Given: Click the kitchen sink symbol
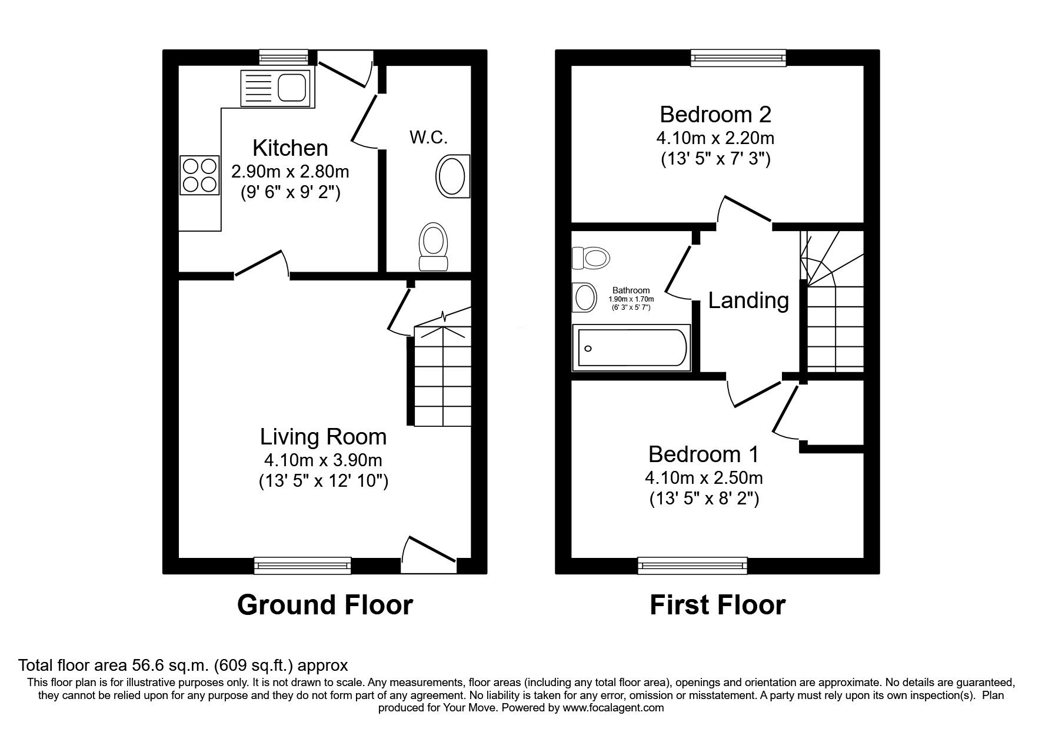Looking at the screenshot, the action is pyautogui.click(x=275, y=88).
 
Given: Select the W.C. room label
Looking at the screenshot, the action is pyautogui.click(x=428, y=138).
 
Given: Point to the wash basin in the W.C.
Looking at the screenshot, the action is pyautogui.click(x=452, y=176).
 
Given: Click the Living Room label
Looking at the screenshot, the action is pyautogui.click(x=323, y=437).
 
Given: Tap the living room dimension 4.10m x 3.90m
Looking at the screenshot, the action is pyautogui.click(x=323, y=460).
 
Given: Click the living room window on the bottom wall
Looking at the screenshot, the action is pyautogui.click(x=302, y=566).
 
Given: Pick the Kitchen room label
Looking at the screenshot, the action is pyautogui.click(x=290, y=148).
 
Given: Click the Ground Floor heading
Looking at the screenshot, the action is pyautogui.click(x=325, y=605).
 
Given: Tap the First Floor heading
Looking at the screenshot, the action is pyautogui.click(x=717, y=605).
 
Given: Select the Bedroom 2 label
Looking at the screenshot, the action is pyautogui.click(x=715, y=114).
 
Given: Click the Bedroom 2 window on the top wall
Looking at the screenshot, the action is pyautogui.click(x=739, y=58).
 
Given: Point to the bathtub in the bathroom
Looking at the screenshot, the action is pyautogui.click(x=632, y=347).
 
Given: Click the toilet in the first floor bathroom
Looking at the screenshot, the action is pyautogui.click(x=591, y=258).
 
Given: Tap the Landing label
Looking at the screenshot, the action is pyautogui.click(x=748, y=300).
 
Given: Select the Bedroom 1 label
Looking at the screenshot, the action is pyautogui.click(x=704, y=454).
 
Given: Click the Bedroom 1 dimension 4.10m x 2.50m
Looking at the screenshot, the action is pyautogui.click(x=704, y=477).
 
